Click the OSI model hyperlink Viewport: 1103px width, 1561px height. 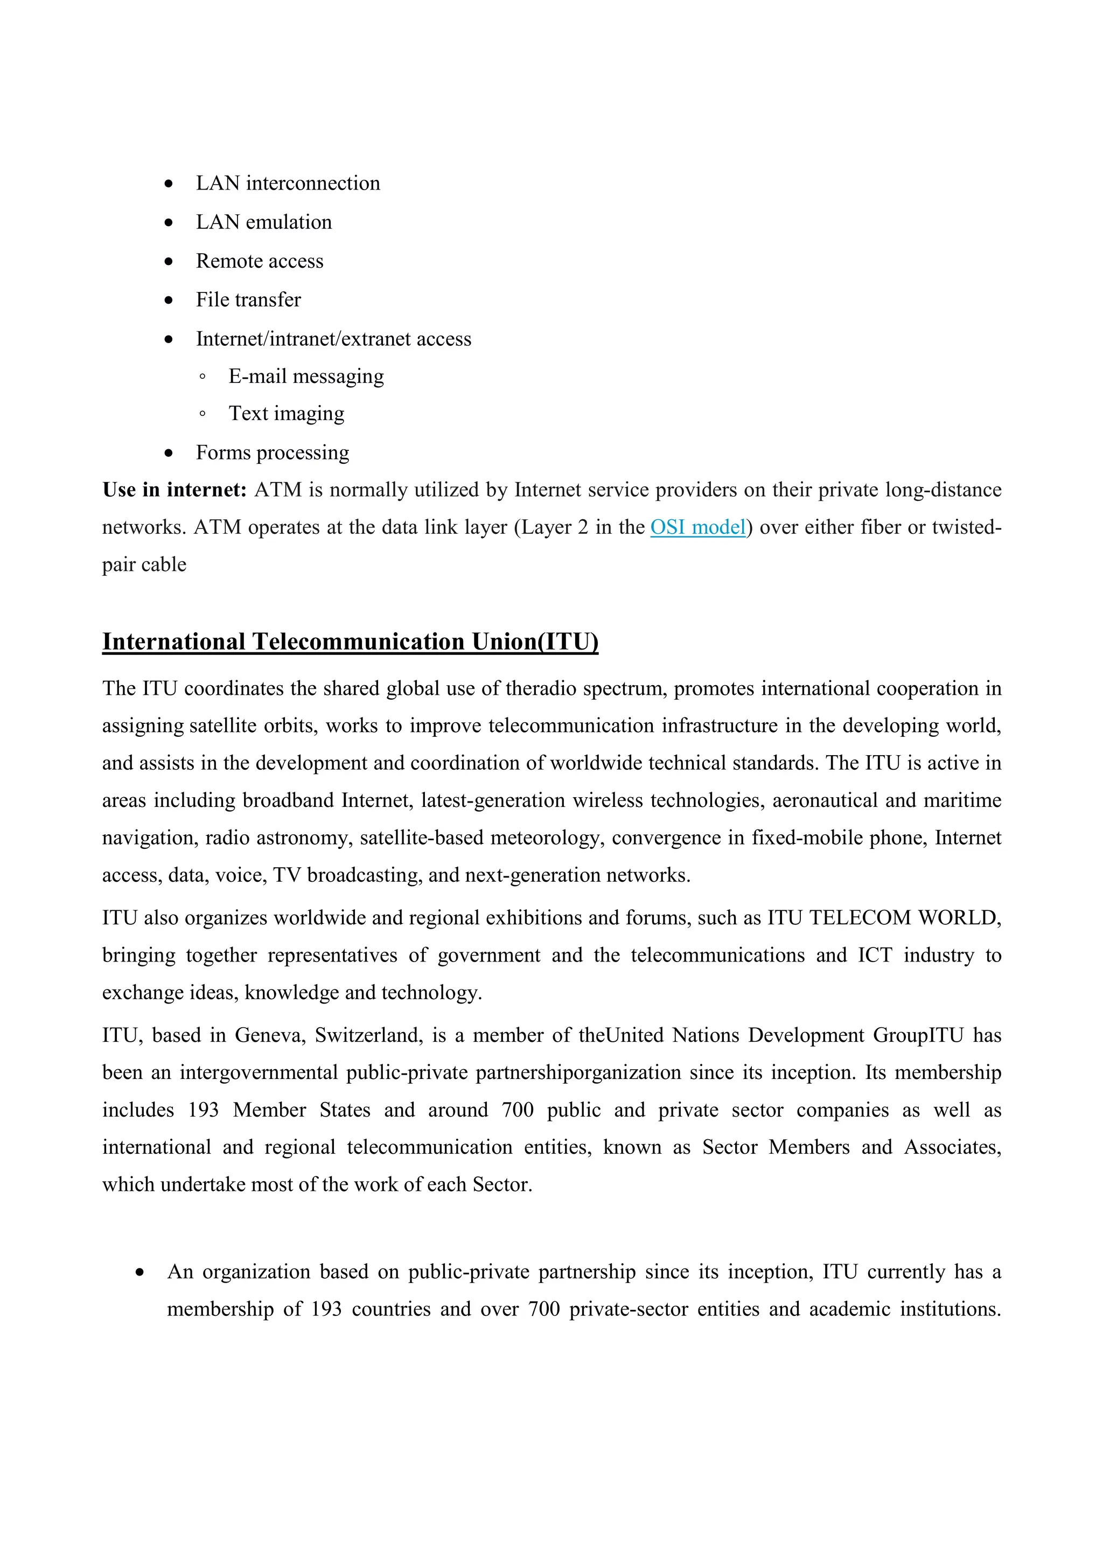698,527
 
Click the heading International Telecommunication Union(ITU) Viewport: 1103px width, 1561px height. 350,642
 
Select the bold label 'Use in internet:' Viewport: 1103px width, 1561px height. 174,490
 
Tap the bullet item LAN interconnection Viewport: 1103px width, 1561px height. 288,184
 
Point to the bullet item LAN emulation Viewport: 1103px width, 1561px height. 264,222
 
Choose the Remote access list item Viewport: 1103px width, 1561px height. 260,261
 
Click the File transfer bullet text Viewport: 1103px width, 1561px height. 248,300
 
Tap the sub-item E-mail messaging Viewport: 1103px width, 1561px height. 306,377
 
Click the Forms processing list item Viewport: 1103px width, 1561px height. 273,453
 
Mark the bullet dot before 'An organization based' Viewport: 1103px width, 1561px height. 140,1272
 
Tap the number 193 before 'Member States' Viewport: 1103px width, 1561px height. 203,1110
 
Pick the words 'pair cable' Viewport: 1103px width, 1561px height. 144,565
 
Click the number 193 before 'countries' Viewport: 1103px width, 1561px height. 326,1309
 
